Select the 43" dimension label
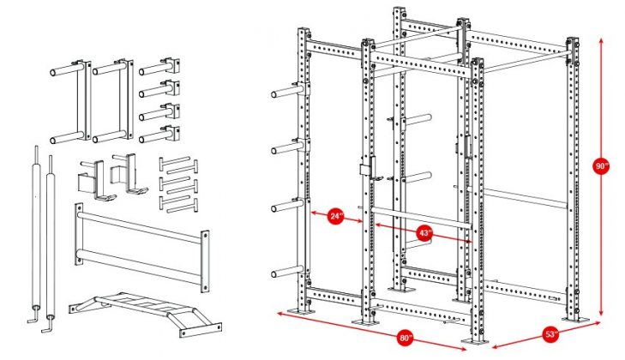pyautogui.click(x=425, y=232)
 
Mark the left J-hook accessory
pyautogui.click(x=93, y=177)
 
